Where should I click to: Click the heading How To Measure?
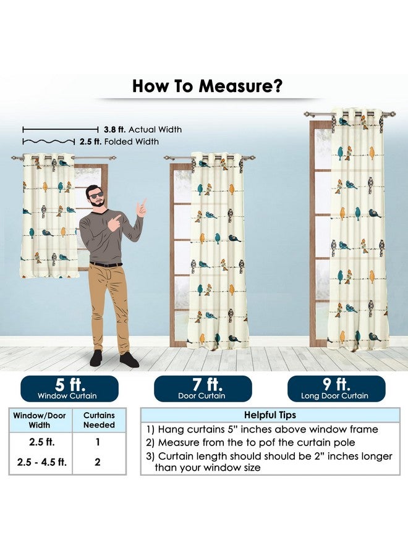[x=207, y=86]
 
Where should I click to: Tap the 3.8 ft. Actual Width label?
[x=143, y=130]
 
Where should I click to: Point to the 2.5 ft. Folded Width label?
[x=119, y=141]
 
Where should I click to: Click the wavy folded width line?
[x=49, y=142]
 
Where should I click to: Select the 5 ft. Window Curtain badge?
[x=69, y=389]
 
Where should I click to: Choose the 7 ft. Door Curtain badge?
[x=203, y=389]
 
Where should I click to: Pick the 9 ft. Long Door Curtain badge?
[x=336, y=389]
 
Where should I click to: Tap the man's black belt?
[x=106, y=264]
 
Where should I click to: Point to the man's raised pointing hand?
[x=142, y=208]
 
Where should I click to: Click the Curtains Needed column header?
[x=99, y=420]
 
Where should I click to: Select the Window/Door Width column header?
[x=40, y=420]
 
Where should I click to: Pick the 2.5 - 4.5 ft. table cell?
[x=41, y=462]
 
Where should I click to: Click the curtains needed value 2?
[x=98, y=462]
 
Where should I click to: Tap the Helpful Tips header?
[x=270, y=415]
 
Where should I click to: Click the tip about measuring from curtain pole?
[x=250, y=442]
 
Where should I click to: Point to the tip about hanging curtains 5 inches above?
[x=262, y=429]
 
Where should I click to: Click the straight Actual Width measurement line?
[x=61, y=130]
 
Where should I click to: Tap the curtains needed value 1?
[x=98, y=442]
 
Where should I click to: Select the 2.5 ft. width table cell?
[x=41, y=442]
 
